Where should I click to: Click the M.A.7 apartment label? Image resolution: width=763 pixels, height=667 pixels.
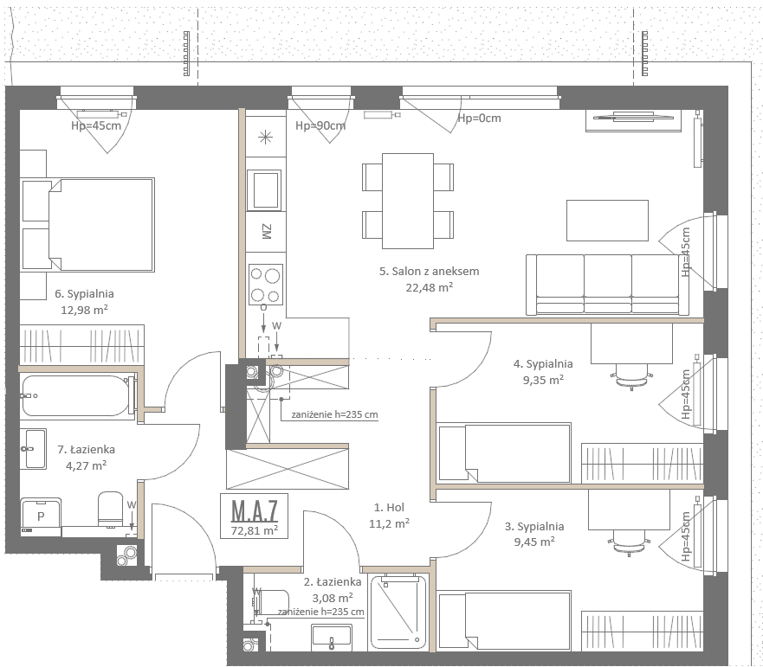point(254,510)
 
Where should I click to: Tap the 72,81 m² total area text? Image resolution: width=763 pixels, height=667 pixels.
point(254,529)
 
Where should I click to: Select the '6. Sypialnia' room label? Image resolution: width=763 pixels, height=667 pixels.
point(84,293)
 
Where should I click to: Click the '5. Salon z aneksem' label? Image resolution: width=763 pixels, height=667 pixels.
point(430,272)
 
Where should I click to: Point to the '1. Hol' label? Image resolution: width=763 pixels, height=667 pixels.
point(389,508)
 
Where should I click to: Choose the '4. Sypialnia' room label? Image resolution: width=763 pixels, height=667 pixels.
point(543,363)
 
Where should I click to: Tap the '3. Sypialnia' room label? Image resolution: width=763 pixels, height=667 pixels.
point(534,527)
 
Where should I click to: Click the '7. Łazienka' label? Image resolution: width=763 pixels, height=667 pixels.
point(86,449)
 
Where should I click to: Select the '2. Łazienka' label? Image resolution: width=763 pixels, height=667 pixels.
point(333,582)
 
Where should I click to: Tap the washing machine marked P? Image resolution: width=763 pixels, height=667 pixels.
point(41,516)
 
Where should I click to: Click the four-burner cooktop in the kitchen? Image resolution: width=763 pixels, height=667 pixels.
point(266,285)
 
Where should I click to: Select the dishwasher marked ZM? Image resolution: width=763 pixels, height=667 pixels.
point(266,232)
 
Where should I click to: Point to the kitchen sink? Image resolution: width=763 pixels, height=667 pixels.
point(264,190)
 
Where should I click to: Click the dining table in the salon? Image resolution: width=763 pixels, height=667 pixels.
point(408,201)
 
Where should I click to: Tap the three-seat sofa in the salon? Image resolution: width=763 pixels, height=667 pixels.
point(608,285)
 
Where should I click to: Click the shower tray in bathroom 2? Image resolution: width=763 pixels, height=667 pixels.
point(398,612)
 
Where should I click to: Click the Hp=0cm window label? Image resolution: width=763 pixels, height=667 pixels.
point(479,119)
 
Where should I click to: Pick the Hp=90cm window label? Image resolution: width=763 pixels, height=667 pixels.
point(320,126)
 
